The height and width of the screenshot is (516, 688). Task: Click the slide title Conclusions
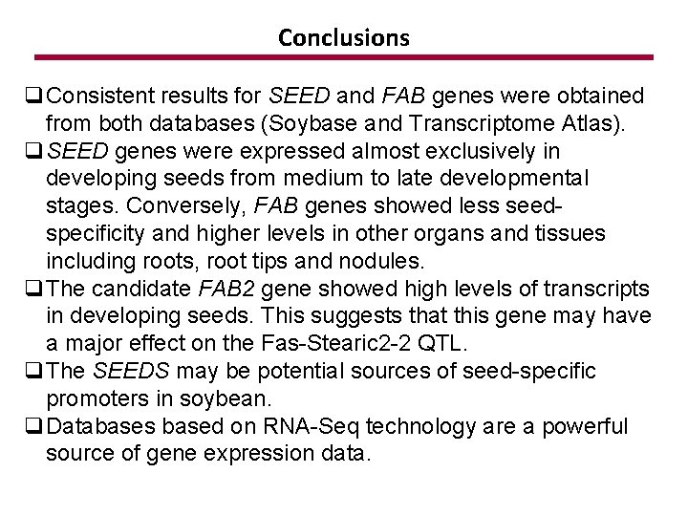click(x=344, y=38)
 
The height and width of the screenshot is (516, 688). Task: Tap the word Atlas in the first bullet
click(x=594, y=123)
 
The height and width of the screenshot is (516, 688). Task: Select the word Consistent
click(x=99, y=96)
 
